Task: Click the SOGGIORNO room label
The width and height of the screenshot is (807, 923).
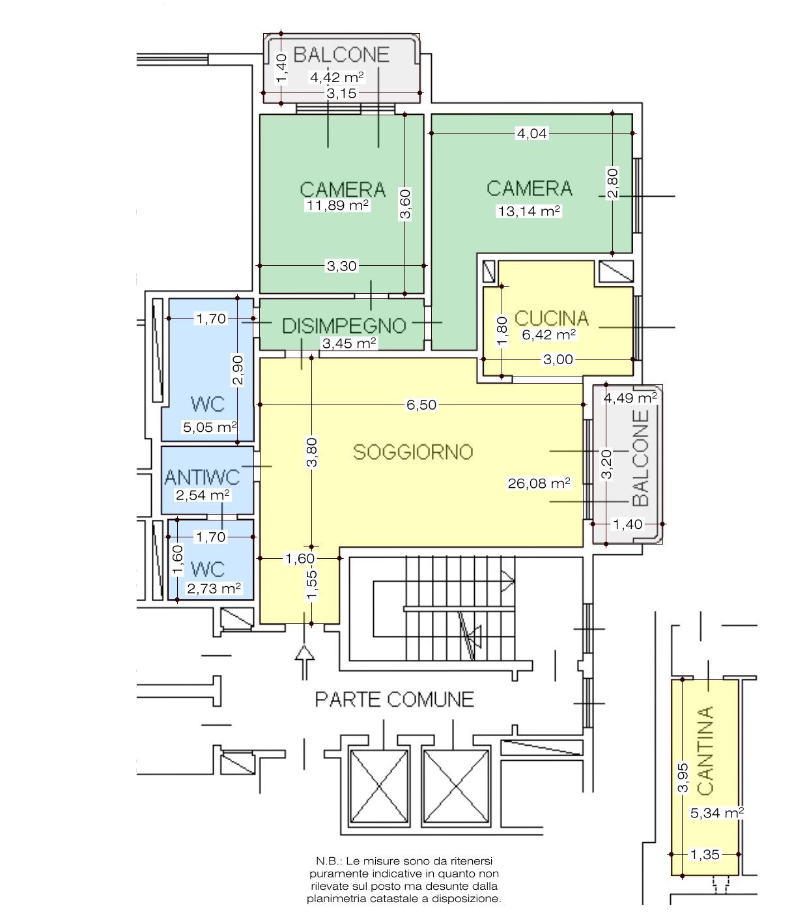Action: [413, 451]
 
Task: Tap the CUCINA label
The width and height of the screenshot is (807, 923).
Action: [551, 318]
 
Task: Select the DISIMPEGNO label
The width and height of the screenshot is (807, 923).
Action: [344, 326]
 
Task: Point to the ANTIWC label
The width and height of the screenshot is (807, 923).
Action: [202, 477]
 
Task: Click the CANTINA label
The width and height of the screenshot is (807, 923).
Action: [705, 750]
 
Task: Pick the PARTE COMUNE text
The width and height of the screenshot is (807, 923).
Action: [394, 699]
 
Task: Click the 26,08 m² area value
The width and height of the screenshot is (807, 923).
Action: [539, 483]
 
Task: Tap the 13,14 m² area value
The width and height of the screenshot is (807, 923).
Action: [529, 210]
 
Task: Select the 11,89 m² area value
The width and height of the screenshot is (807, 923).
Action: [337, 205]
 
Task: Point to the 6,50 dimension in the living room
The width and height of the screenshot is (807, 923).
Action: [421, 405]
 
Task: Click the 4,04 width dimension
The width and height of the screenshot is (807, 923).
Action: [531, 133]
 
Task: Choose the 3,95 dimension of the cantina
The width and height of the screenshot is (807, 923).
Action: [683, 777]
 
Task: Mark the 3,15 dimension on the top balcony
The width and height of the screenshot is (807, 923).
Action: [341, 93]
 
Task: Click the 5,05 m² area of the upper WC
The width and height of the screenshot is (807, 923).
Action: [210, 427]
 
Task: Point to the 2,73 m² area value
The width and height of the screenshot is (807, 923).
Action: [214, 588]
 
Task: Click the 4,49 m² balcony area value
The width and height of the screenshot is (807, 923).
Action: [630, 398]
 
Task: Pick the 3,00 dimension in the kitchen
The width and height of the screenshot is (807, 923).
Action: [558, 359]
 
